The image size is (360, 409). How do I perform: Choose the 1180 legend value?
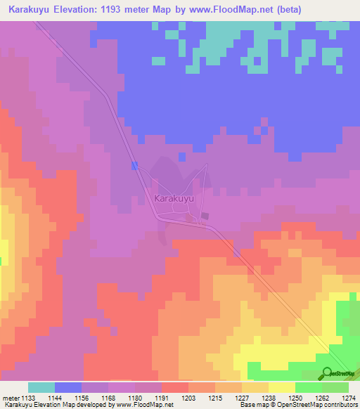pyautogui.click(x=135, y=397)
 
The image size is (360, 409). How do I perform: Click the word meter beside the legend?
pyautogui.click(x=11, y=397)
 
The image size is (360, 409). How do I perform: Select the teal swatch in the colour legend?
pyautogui.click(x=41, y=387)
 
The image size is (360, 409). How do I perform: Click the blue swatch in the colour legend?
pyautogui.click(x=68, y=387)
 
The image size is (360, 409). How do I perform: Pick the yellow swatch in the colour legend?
pyautogui.click(x=282, y=387)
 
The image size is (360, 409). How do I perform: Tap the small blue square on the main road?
pyautogui.click(x=134, y=164)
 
